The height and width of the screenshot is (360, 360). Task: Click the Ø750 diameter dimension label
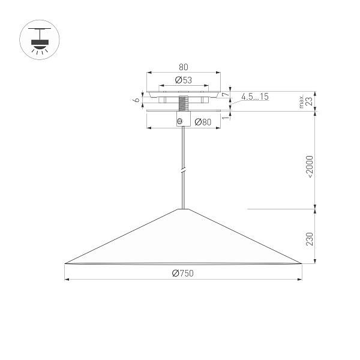(182, 274)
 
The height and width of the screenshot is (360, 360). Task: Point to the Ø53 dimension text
(183, 80)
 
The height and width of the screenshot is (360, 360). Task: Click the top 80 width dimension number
(183, 67)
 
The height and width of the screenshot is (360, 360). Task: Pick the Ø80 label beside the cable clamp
(203, 122)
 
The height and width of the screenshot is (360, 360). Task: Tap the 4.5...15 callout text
(255, 97)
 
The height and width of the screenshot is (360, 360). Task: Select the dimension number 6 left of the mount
(137, 100)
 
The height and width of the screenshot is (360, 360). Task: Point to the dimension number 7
(225, 95)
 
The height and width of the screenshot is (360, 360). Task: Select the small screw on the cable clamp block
(178, 121)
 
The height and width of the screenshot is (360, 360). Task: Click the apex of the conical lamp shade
(183, 209)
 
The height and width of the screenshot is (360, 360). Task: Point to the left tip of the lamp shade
(65, 263)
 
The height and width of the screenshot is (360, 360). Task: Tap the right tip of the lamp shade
(300, 263)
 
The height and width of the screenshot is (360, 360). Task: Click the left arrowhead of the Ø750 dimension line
(67, 279)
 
